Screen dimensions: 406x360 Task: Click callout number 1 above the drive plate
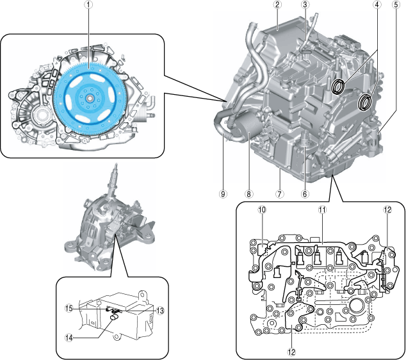click(88, 5)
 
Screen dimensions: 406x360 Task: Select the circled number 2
click(277, 5)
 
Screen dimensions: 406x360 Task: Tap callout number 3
click(305, 5)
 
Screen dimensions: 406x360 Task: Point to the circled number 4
click(377, 5)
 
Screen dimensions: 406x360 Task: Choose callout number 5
click(396, 5)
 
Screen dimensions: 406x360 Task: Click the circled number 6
click(305, 193)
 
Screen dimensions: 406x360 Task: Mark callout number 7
click(279, 193)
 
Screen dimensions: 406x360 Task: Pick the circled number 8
click(248, 193)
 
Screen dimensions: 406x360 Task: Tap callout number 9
click(223, 193)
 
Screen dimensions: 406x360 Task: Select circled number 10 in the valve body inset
click(262, 209)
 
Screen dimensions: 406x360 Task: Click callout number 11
click(322, 209)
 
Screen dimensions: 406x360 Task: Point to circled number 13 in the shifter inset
click(160, 311)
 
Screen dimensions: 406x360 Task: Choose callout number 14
click(69, 338)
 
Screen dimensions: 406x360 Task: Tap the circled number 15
click(69, 309)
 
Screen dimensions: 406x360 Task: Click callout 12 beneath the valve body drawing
click(291, 352)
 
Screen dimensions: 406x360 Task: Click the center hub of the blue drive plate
click(89, 98)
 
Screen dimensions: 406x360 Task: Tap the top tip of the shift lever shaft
click(117, 164)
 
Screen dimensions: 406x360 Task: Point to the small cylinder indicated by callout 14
click(114, 316)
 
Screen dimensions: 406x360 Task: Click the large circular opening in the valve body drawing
click(357, 306)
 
